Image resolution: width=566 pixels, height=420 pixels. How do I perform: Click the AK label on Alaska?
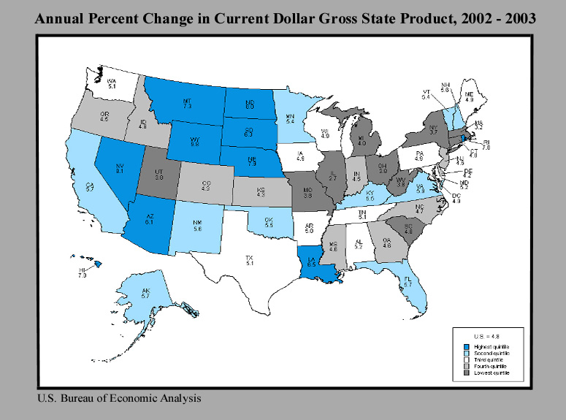145,291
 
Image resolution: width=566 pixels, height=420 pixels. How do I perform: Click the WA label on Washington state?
112,82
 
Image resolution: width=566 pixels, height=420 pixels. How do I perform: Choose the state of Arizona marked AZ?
149,218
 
